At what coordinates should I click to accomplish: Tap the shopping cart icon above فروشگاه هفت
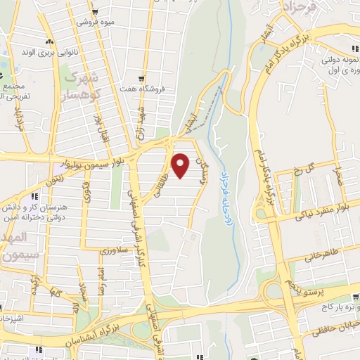142,79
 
